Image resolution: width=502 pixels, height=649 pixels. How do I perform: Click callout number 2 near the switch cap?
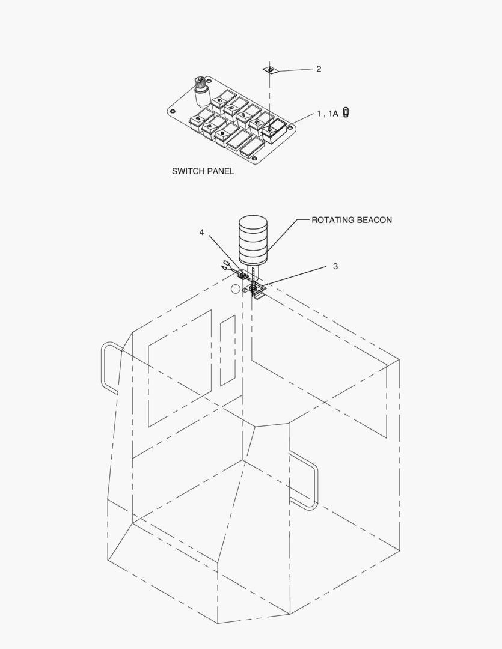[x=319, y=69]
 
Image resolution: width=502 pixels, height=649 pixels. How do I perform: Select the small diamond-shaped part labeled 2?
[x=270, y=70]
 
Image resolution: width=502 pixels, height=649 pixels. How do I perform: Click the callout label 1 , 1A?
[x=328, y=114]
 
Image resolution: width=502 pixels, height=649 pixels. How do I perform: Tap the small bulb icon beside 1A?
[x=346, y=112]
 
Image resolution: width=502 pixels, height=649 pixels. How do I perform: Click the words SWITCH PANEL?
[x=203, y=171]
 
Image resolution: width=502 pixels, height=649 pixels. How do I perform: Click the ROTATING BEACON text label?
[x=352, y=220]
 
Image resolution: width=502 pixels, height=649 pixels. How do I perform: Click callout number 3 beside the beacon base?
[x=335, y=266]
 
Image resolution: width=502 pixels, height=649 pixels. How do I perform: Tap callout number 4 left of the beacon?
[x=202, y=232]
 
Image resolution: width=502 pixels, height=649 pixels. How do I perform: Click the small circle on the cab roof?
[x=235, y=290]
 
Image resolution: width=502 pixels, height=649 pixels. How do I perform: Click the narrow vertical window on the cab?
[x=227, y=350]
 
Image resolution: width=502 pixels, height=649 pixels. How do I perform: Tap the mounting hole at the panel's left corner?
[x=173, y=111]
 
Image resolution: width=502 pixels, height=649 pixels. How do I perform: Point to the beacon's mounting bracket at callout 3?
[x=259, y=291]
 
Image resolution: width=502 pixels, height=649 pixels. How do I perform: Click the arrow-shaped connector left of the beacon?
[x=227, y=266]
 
